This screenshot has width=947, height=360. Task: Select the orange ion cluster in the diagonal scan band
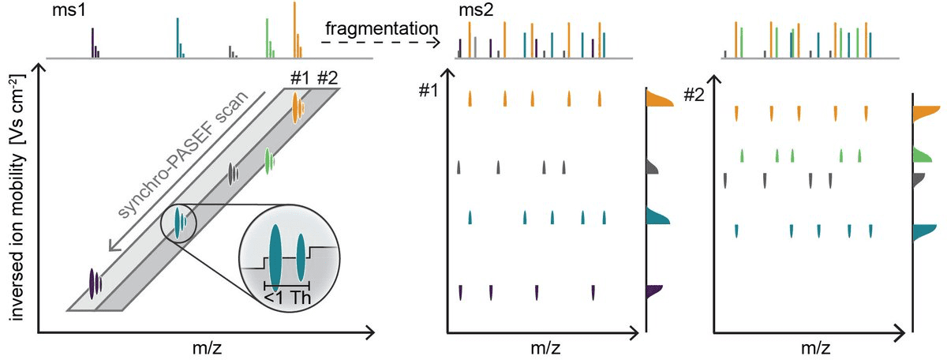[x=296, y=107]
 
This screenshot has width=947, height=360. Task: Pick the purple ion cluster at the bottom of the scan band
[x=95, y=281]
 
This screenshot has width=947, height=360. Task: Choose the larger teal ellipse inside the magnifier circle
[x=274, y=254]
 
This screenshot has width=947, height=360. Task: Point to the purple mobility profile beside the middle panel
[x=653, y=291]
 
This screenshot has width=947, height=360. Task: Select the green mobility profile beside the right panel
[x=923, y=155]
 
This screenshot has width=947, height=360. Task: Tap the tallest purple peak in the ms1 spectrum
[x=93, y=43]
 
